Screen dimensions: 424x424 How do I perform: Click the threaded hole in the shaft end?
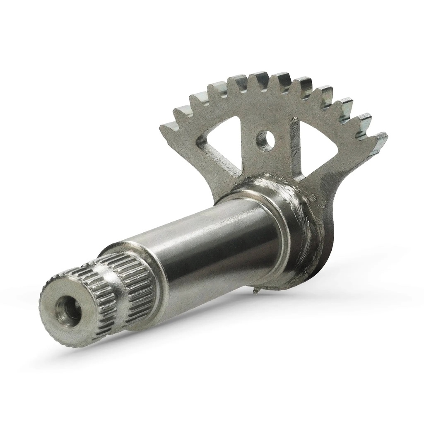point(67,310)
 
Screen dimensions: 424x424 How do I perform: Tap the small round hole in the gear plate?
point(265,141)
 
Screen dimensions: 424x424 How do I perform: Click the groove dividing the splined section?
point(114,286)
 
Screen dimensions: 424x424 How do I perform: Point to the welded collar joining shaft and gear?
point(298,215)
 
